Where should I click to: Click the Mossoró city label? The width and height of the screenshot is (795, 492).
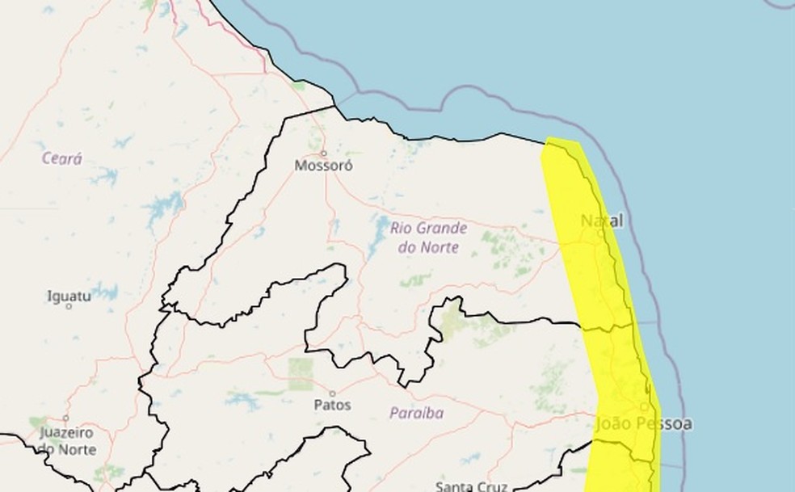pos(323,166)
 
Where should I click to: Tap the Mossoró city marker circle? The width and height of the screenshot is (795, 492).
pos(324,153)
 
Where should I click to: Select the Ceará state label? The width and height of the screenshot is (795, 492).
pos(62,159)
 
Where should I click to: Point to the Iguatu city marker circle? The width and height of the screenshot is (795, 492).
pos(68,305)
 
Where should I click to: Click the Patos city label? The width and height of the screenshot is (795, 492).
pos(332,405)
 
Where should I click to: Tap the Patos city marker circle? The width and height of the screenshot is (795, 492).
pos(332,393)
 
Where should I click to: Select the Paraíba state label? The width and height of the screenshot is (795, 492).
pos(416,414)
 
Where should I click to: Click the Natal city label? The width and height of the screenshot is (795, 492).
pos(602,221)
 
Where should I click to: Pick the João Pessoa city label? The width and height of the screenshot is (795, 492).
pos(643,424)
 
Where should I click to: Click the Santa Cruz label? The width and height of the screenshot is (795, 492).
pos(471,486)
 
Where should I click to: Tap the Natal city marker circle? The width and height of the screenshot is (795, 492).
pos(600,233)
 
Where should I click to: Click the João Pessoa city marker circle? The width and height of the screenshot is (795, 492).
pos(644,406)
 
